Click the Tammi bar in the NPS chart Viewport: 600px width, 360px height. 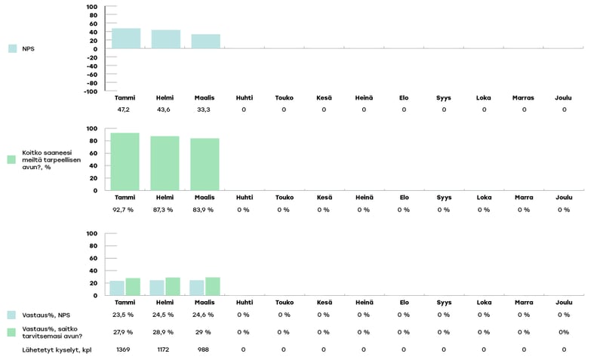(125, 38)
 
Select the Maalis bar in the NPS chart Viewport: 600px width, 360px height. (205, 42)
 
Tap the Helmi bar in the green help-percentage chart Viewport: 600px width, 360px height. (165, 163)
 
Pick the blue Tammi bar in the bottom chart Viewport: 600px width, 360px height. (117, 288)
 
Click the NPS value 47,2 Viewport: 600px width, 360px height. (125, 109)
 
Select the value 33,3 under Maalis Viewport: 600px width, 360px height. (205, 109)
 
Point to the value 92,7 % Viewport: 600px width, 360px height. (125, 210)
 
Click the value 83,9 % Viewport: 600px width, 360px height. (205, 210)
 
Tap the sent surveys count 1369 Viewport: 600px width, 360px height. (124, 349)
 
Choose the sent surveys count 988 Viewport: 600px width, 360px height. (204, 349)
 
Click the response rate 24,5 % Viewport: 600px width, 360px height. (164, 315)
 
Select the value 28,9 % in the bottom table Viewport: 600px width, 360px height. (164, 332)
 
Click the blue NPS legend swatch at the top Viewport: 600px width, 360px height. (13, 48)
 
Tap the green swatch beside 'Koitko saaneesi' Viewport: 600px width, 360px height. (11, 159)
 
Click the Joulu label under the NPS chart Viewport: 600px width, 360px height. (563, 97)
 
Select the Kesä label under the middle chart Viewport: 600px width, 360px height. (323, 198)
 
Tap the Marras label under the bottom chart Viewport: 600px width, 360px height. (523, 303)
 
